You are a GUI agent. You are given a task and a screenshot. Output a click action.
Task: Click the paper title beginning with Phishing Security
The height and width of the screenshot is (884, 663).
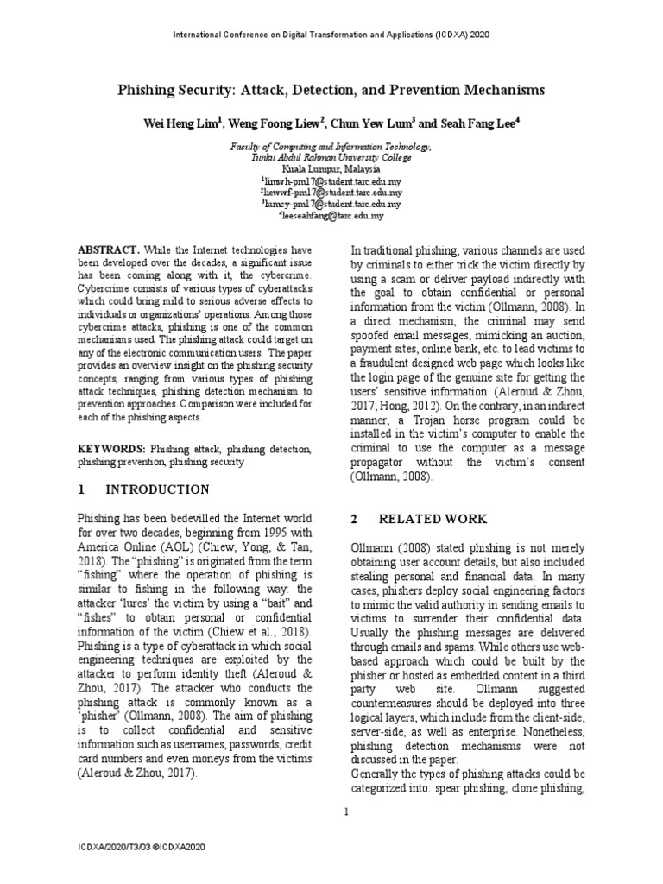click(x=331, y=90)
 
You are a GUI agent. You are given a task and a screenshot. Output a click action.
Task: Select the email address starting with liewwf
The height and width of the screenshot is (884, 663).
click(x=331, y=193)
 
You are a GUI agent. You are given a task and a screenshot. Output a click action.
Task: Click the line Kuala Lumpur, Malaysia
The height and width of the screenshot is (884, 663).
click(x=331, y=170)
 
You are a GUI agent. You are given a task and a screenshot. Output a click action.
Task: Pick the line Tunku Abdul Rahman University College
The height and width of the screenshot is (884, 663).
click(x=331, y=159)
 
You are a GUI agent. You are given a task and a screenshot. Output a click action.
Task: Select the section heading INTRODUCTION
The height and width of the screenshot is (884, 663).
click(x=157, y=490)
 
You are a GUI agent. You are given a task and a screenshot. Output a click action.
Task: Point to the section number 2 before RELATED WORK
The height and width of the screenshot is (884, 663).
click(x=354, y=519)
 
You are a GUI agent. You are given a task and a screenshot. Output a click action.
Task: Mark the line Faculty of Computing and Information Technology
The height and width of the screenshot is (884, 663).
click(x=331, y=148)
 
